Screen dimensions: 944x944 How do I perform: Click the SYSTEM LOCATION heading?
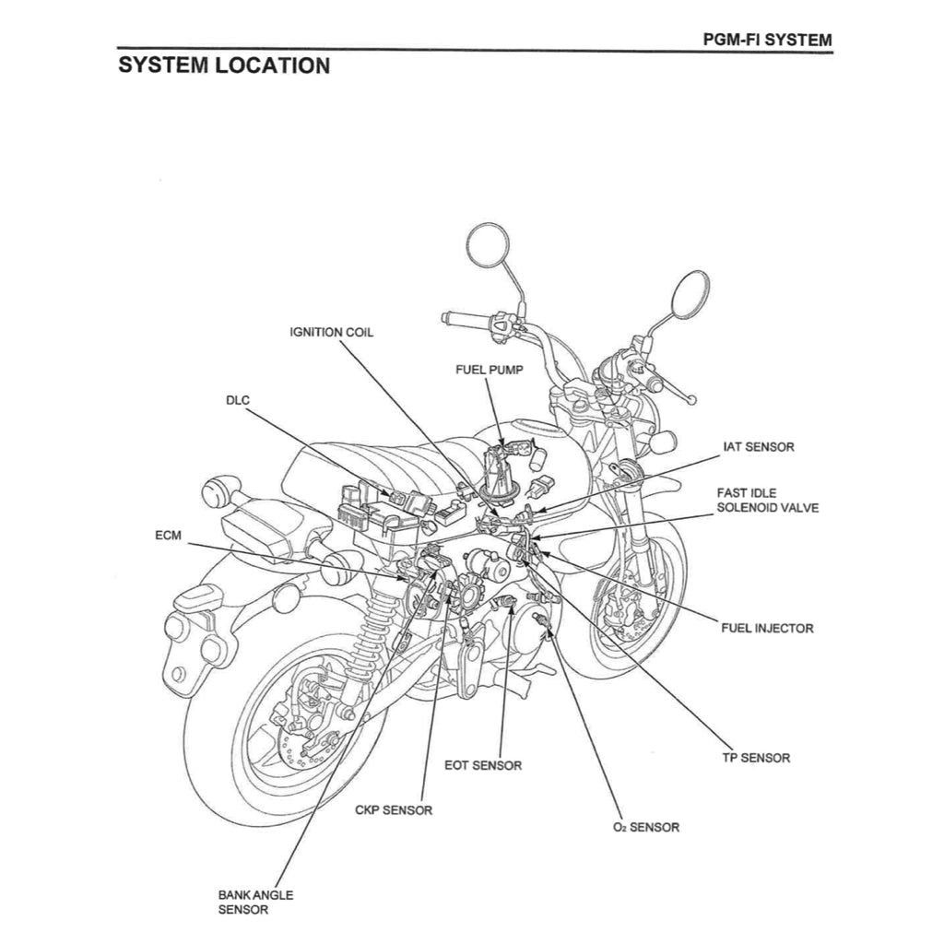pyautogui.click(x=224, y=66)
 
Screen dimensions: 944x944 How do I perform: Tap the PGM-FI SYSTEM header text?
pyautogui.click(x=766, y=40)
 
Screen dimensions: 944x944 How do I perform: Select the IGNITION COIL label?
pyautogui.click(x=332, y=332)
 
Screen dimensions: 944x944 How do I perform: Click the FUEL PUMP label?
pyautogui.click(x=489, y=370)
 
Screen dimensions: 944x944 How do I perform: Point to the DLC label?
pyautogui.click(x=238, y=400)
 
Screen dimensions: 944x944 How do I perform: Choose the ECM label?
pyautogui.click(x=169, y=535)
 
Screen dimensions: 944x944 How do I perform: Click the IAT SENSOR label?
pyautogui.click(x=758, y=447)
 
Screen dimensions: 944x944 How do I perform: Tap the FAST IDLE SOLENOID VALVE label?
pyautogui.click(x=767, y=501)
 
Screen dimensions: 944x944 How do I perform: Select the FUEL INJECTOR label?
pyautogui.click(x=767, y=628)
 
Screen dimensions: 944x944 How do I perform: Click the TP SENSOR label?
pyautogui.click(x=756, y=758)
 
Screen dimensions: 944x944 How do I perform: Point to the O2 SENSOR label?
pyautogui.click(x=645, y=827)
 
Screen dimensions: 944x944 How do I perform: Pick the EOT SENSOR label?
pyautogui.click(x=483, y=765)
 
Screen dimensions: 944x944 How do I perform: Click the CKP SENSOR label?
pyautogui.click(x=394, y=810)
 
